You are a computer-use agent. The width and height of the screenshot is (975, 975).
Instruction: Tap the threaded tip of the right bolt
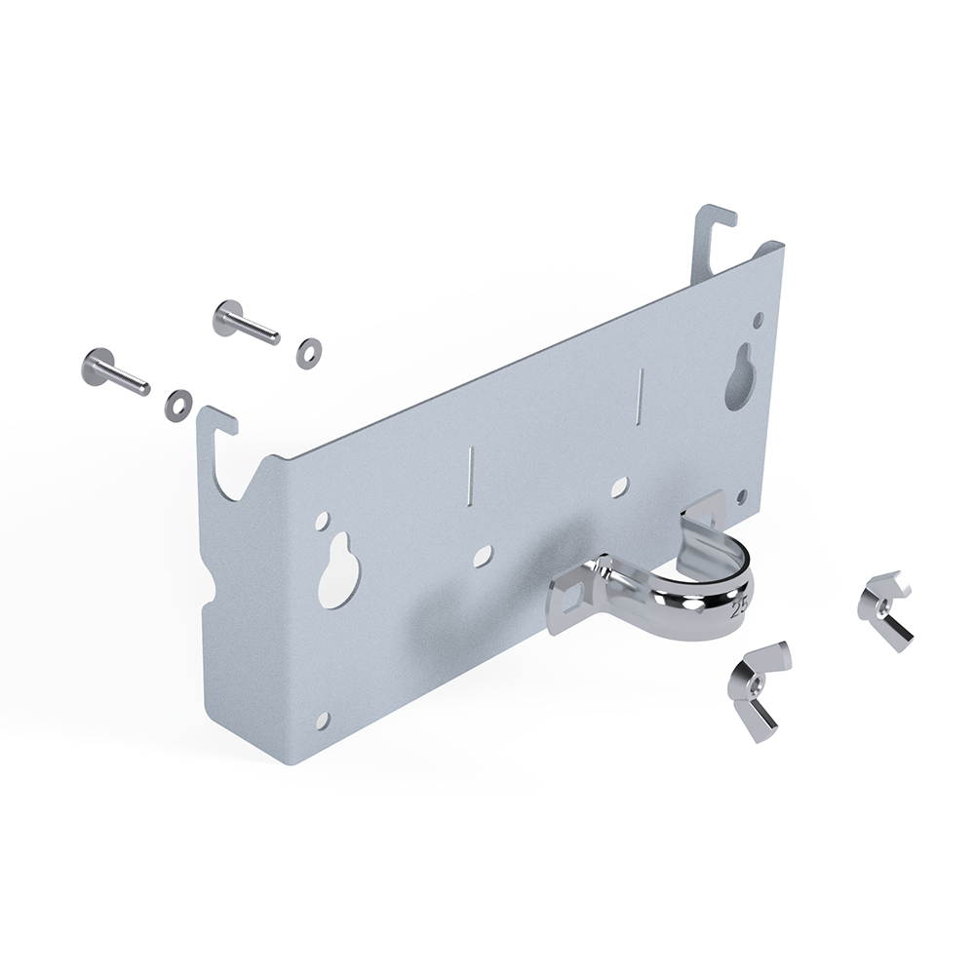click(x=274, y=338)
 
